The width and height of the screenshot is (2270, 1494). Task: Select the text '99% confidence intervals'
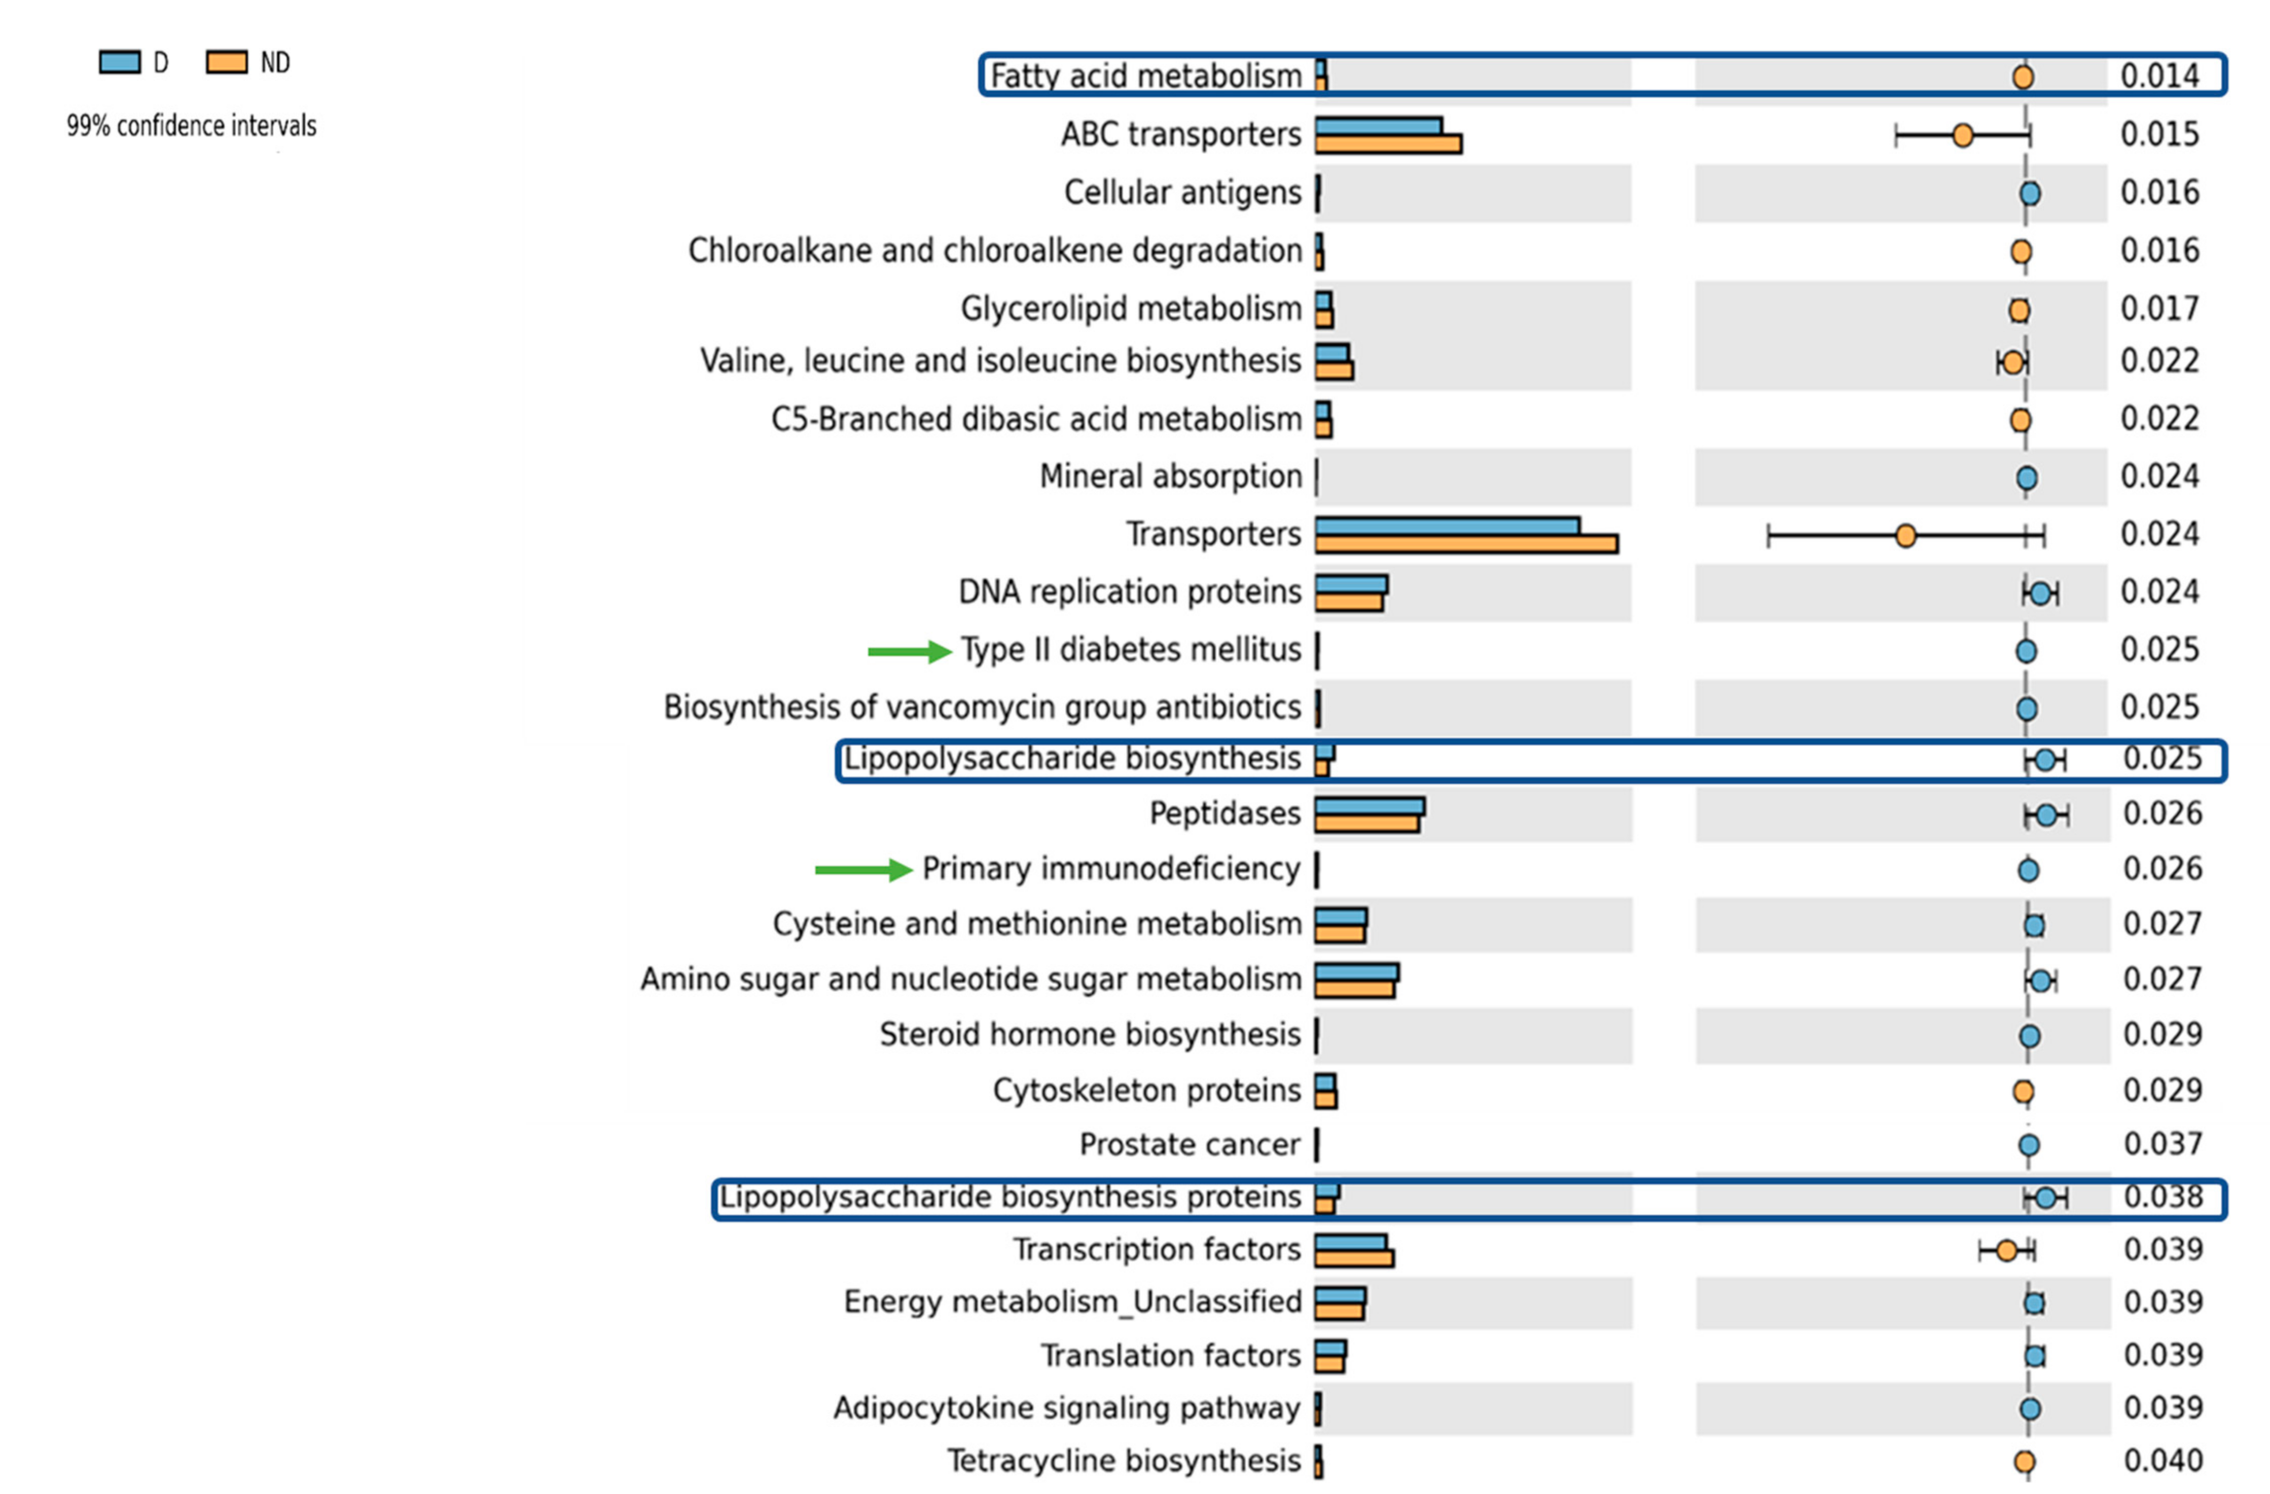(x=191, y=126)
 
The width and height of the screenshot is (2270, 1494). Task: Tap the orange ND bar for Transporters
(x=1466, y=543)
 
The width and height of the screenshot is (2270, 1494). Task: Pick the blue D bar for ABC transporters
(x=1378, y=126)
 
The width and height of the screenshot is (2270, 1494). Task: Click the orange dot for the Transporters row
(x=1905, y=536)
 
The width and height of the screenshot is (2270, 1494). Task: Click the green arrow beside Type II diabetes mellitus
(x=908, y=651)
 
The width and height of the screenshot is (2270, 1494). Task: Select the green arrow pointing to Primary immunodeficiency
(x=863, y=870)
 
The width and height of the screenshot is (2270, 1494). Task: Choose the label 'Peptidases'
(x=1224, y=813)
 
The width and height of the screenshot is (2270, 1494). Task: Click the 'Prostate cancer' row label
(x=1190, y=1144)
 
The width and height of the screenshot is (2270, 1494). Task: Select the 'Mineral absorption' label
(x=1170, y=476)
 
